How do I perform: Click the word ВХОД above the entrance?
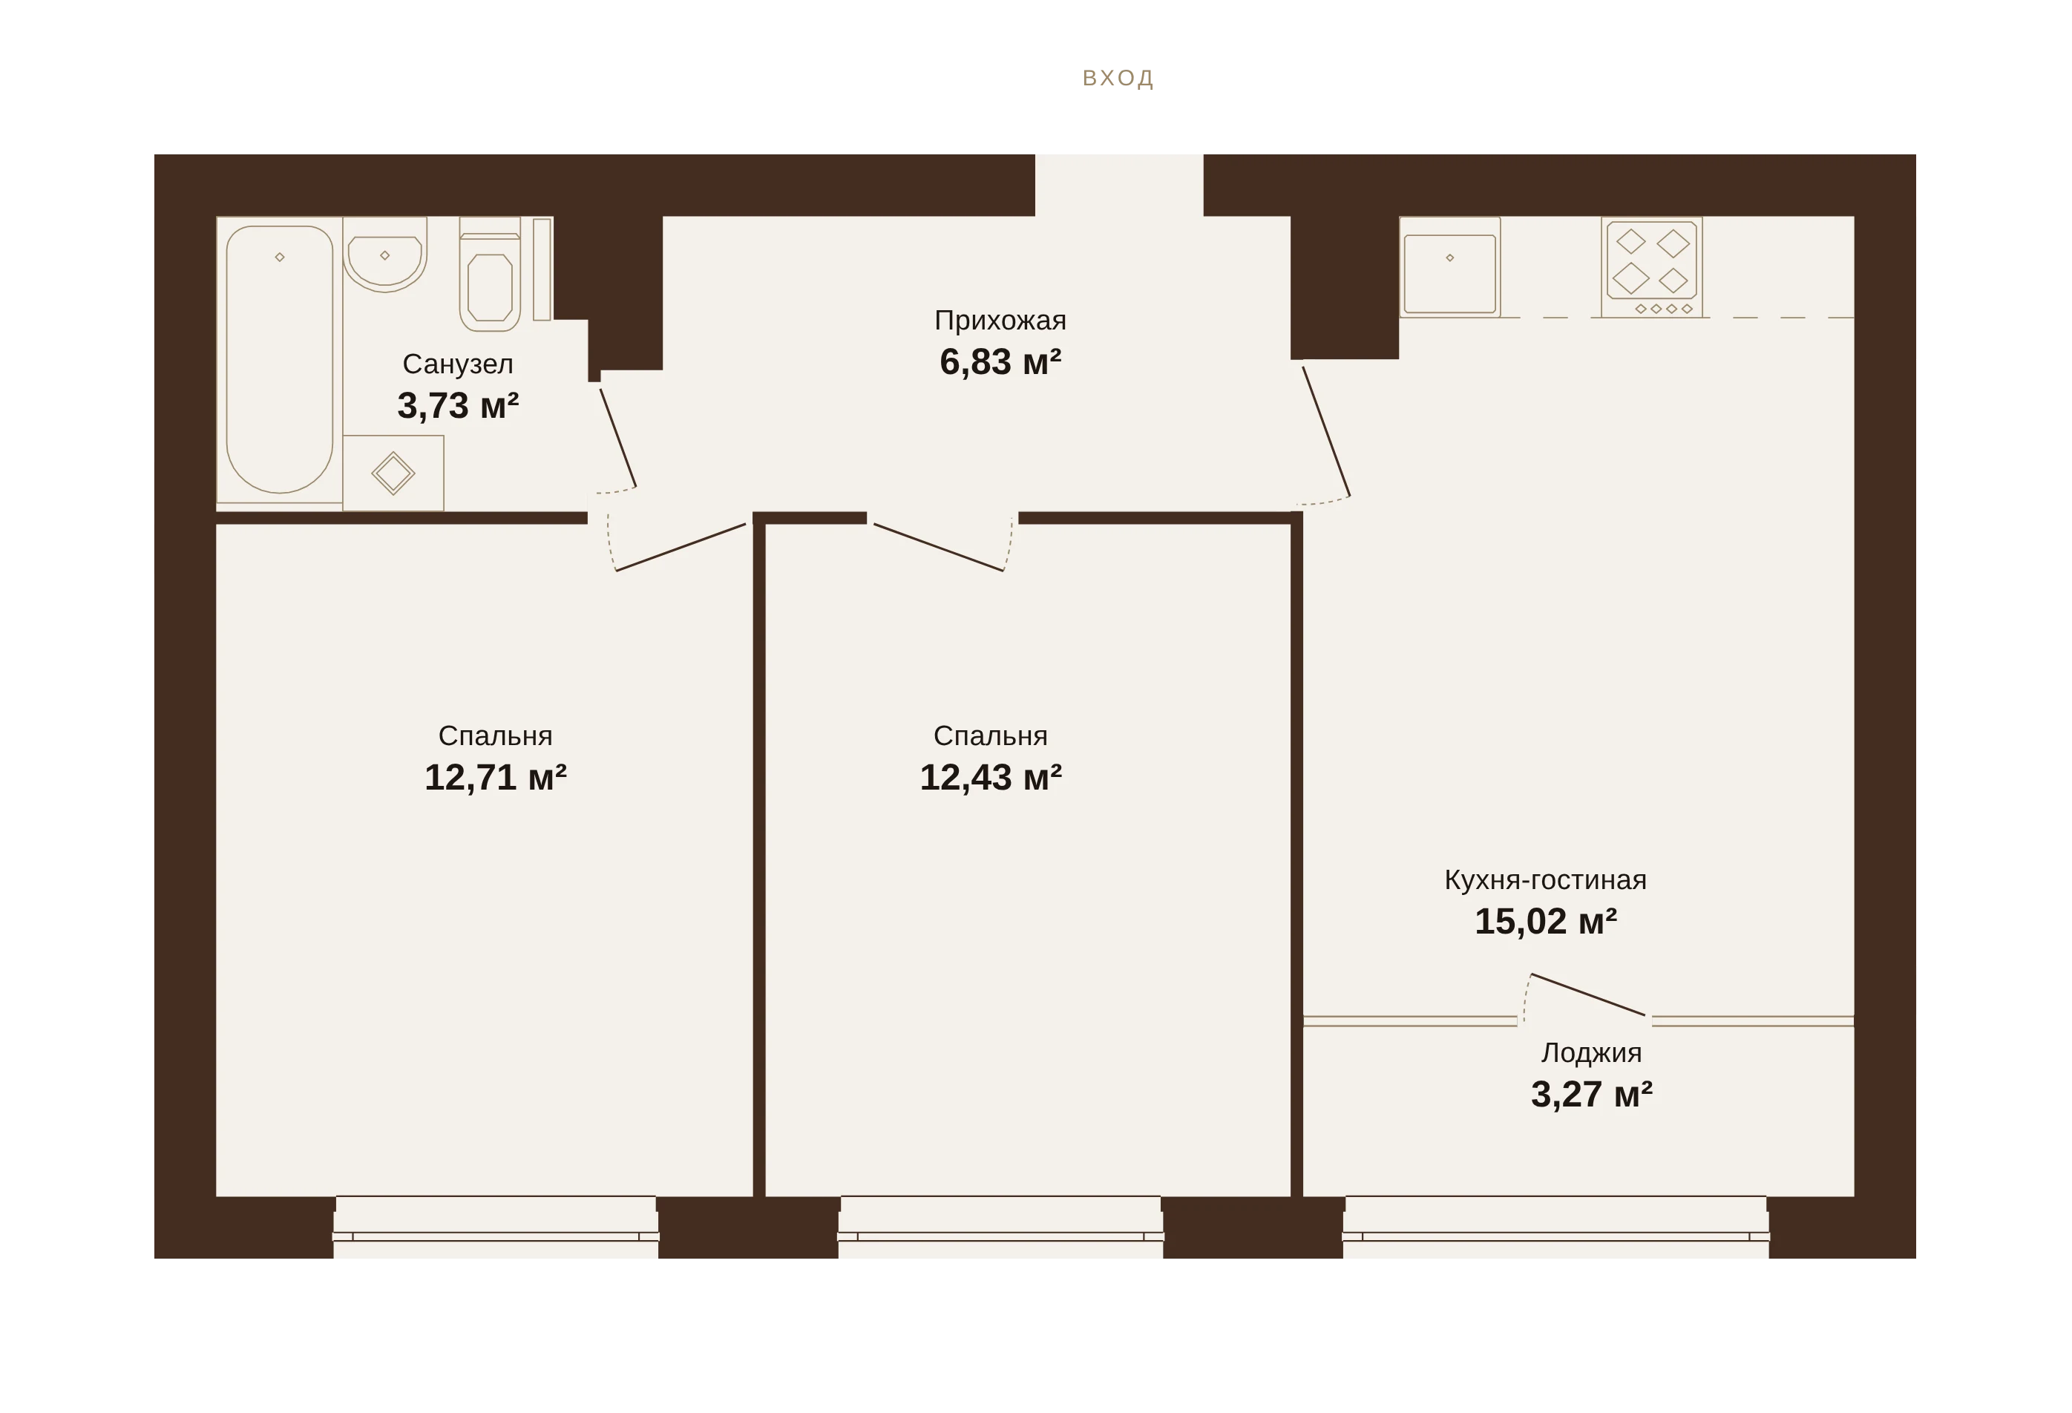pyautogui.click(x=1118, y=79)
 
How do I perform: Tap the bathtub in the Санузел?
pyautogui.click(x=279, y=359)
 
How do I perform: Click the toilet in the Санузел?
pyautogui.click(x=490, y=275)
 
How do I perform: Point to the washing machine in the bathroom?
pyautogui.click(x=393, y=473)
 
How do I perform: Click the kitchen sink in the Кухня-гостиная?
pyautogui.click(x=1449, y=267)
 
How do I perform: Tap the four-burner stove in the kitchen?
pyautogui.click(x=1651, y=267)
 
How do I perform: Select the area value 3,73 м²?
pyautogui.click(x=459, y=406)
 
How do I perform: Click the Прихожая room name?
pyautogui.click(x=1000, y=320)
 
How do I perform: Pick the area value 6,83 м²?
pyautogui.click(x=1000, y=362)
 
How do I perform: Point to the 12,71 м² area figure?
pyautogui.click(x=496, y=778)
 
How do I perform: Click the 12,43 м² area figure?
pyautogui.click(x=991, y=778)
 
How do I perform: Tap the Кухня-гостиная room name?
pyautogui.click(x=1545, y=880)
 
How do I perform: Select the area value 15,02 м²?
pyautogui.click(x=1545, y=922)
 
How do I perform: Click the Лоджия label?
pyautogui.click(x=1591, y=1053)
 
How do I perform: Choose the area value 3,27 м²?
pyautogui.click(x=1591, y=1095)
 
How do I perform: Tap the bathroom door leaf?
pyautogui.click(x=618, y=438)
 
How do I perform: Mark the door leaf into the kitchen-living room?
pyautogui.click(x=1327, y=431)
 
